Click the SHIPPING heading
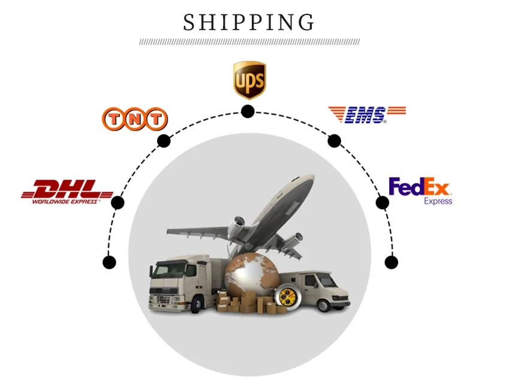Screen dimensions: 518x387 pyautogui.click(x=249, y=22)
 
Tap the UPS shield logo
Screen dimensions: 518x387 pyautogui.click(x=249, y=79)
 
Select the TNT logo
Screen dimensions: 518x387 pyautogui.click(x=134, y=119)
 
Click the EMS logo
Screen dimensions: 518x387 pyautogui.click(x=366, y=114)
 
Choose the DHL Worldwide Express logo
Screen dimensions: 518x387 pyautogui.click(x=67, y=191)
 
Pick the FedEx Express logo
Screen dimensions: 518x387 pyautogui.click(x=420, y=190)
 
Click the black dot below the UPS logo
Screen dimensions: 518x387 pyautogui.click(x=248, y=111)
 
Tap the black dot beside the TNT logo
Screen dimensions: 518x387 pyautogui.click(x=164, y=141)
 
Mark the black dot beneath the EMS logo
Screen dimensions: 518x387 pyautogui.click(x=335, y=141)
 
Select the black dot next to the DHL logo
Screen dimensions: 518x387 pyautogui.click(x=118, y=202)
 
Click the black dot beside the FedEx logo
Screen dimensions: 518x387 pyautogui.click(x=383, y=202)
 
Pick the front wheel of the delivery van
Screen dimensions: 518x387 pyautogui.click(x=324, y=304)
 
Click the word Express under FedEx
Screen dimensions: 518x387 pyautogui.click(x=438, y=201)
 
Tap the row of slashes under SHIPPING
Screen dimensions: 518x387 pyautogui.click(x=249, y=42)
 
